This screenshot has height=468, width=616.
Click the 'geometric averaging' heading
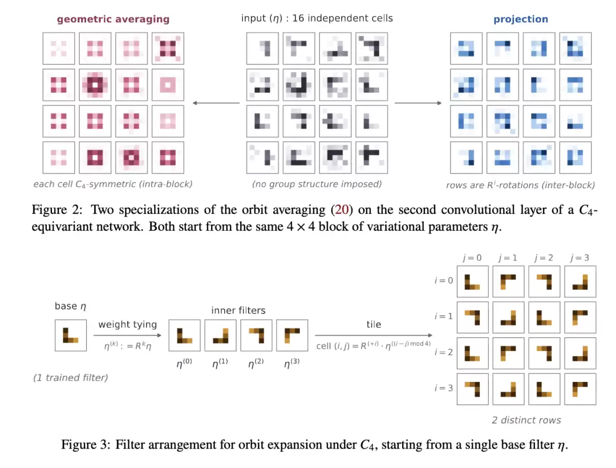113,19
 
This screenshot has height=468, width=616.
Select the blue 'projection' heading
521,19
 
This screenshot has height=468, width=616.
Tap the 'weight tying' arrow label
128,325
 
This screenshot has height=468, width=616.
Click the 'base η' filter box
71,335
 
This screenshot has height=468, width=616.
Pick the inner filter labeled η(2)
256,335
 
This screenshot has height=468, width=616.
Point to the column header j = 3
580,258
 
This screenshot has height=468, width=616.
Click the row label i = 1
444,316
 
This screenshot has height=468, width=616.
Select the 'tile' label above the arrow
374,324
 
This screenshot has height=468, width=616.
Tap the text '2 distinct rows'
526,420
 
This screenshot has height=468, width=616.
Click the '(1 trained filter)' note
71,378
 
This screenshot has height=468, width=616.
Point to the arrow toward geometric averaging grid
216,103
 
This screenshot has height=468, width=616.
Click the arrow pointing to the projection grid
418,103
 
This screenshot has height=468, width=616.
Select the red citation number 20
342,210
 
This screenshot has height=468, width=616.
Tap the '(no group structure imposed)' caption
317,184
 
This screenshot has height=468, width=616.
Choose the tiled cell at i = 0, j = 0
473,282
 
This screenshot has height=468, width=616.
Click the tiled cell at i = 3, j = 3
580,389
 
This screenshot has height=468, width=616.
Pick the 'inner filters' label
238,311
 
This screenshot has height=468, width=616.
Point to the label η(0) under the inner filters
184,363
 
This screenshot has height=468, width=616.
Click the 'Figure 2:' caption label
57,210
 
